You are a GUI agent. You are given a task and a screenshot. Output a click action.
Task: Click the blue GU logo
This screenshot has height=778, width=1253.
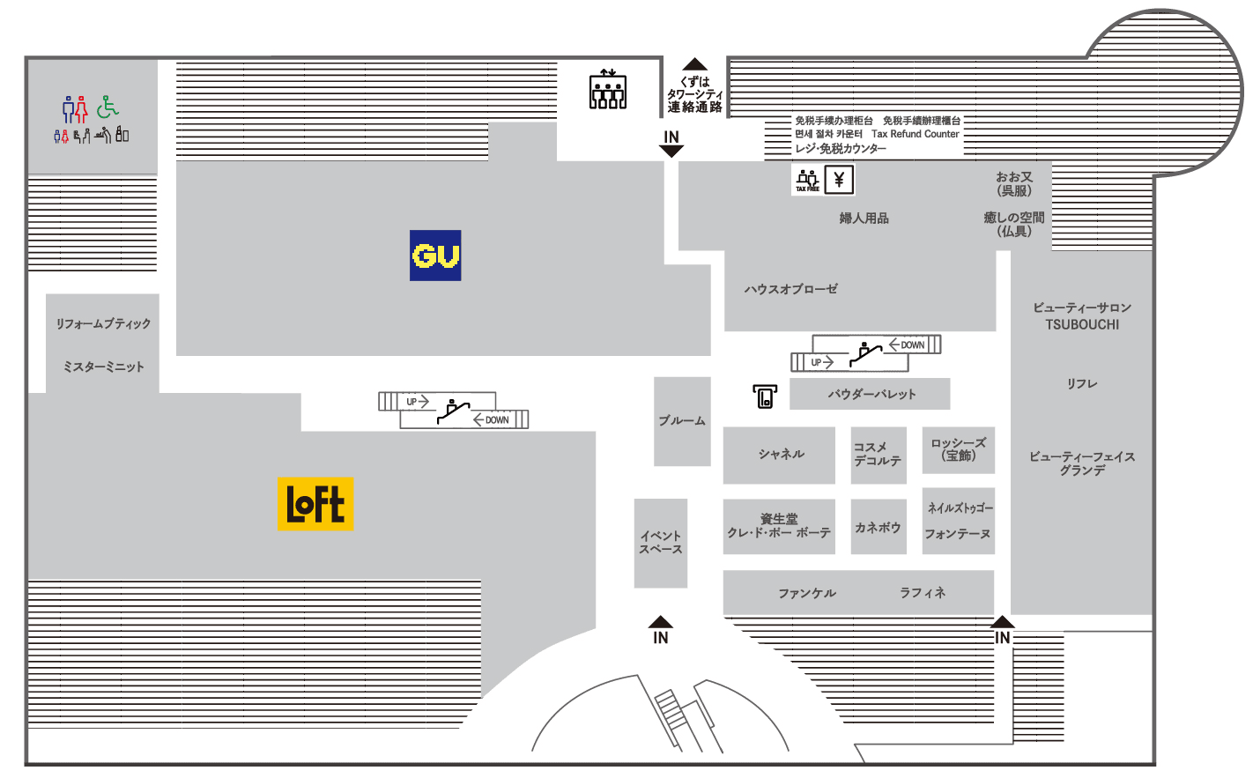(435, 256)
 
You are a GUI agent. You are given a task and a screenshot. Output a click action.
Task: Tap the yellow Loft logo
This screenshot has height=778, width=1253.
(315, 504)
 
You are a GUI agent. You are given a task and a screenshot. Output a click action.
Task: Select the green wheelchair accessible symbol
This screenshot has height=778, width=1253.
(108, 107)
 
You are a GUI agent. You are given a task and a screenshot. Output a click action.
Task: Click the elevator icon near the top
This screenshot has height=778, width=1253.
(608, 89)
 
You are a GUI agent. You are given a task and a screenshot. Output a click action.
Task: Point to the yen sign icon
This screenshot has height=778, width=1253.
(839, 180)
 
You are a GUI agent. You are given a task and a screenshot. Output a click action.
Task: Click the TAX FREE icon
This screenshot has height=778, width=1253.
(807, 180)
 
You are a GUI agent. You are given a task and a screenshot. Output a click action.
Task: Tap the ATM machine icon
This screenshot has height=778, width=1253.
(765, 396)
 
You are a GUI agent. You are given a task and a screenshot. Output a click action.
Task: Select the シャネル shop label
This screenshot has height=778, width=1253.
(782, 454)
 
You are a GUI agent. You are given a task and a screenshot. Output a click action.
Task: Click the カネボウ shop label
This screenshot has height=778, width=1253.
(878, 528)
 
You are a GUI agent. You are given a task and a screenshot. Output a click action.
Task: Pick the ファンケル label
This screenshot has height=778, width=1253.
(807, 593)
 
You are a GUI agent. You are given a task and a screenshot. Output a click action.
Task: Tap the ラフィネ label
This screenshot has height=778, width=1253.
(923, 592)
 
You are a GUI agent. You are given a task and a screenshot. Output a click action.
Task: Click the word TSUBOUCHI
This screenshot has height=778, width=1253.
(1082, 325)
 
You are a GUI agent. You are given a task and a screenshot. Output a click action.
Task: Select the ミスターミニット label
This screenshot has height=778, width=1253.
(103, 367)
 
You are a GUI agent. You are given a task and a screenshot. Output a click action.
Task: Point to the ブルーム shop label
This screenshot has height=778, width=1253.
(682, 420)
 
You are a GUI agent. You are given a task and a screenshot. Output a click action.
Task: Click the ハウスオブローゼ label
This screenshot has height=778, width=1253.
(791, 289)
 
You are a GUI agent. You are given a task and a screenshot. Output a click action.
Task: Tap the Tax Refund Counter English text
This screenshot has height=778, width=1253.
(916, 134)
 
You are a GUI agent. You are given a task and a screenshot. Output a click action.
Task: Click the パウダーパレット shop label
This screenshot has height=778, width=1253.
(872, 395)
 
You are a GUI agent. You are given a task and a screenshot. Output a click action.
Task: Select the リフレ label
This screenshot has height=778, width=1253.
(1082, 383)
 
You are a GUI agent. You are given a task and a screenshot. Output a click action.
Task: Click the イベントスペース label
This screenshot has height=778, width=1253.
(661, 543)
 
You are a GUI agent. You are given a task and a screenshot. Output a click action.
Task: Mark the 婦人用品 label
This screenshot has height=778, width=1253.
(864, 219)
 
